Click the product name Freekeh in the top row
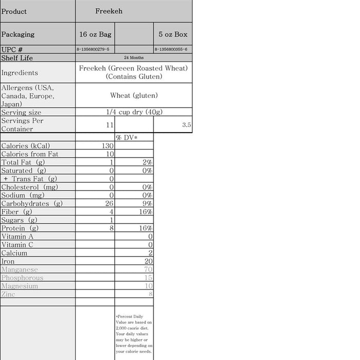[x=109, y=11]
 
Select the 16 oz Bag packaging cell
[x=95, y=34]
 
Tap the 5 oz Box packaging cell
[x=173, y=34]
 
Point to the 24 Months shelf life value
[x=134, y=58]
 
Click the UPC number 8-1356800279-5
[x=95, y=49]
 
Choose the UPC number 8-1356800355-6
[x=173, y=49]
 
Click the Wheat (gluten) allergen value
[x=134, y=95]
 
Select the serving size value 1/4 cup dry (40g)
[x=134, y=112]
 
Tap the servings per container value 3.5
[x=186, y=124]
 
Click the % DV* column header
[x=127, y=137]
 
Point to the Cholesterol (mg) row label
[x=30, y=187]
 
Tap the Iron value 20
[x=149, y=261]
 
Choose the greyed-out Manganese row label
[x=20, y=269]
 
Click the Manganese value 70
[x=149, y=269]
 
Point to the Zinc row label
[x=8, y=294]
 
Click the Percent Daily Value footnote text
[x=134, y=334]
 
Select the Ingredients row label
[x=20, y=73]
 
